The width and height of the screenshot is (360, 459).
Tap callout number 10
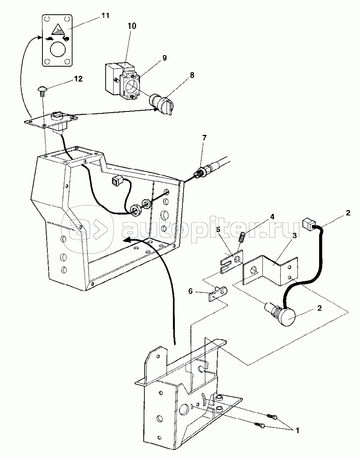pos(132,26)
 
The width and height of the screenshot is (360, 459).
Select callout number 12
pos(79,79)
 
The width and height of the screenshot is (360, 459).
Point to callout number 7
pos(204,138)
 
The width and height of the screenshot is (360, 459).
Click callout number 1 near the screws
pos(297,430)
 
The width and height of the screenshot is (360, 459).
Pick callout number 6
pos(190,291)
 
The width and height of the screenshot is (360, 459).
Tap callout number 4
pos(272,217)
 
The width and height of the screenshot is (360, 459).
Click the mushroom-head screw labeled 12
pos(43,90)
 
